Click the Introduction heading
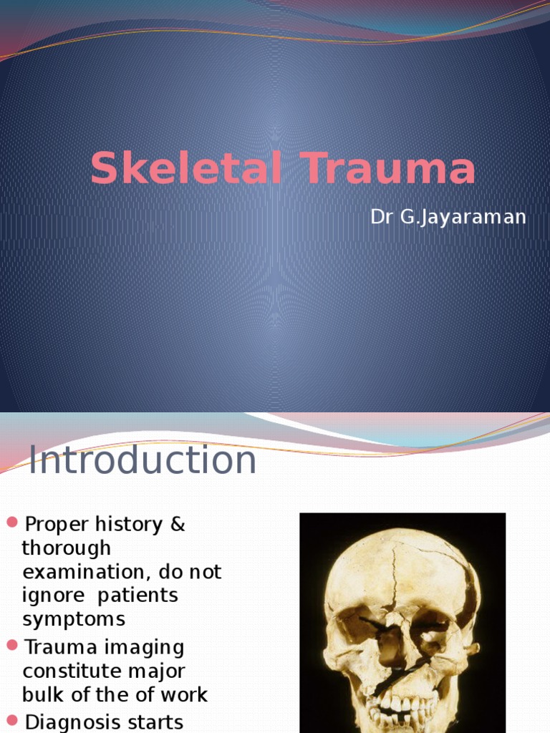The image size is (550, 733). pyautogui.click(x=143, y=460)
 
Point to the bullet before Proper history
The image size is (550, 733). pyautogui.click(x=11, y=523)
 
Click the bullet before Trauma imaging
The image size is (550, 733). pyautogui.click(x=11, y=646)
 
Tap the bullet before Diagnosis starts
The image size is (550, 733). pyautogui.click(x=11, y=719)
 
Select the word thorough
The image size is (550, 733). pyautogui.click(x=67, y=548)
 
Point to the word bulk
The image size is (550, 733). pyautogui.click(x=42, y=695)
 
